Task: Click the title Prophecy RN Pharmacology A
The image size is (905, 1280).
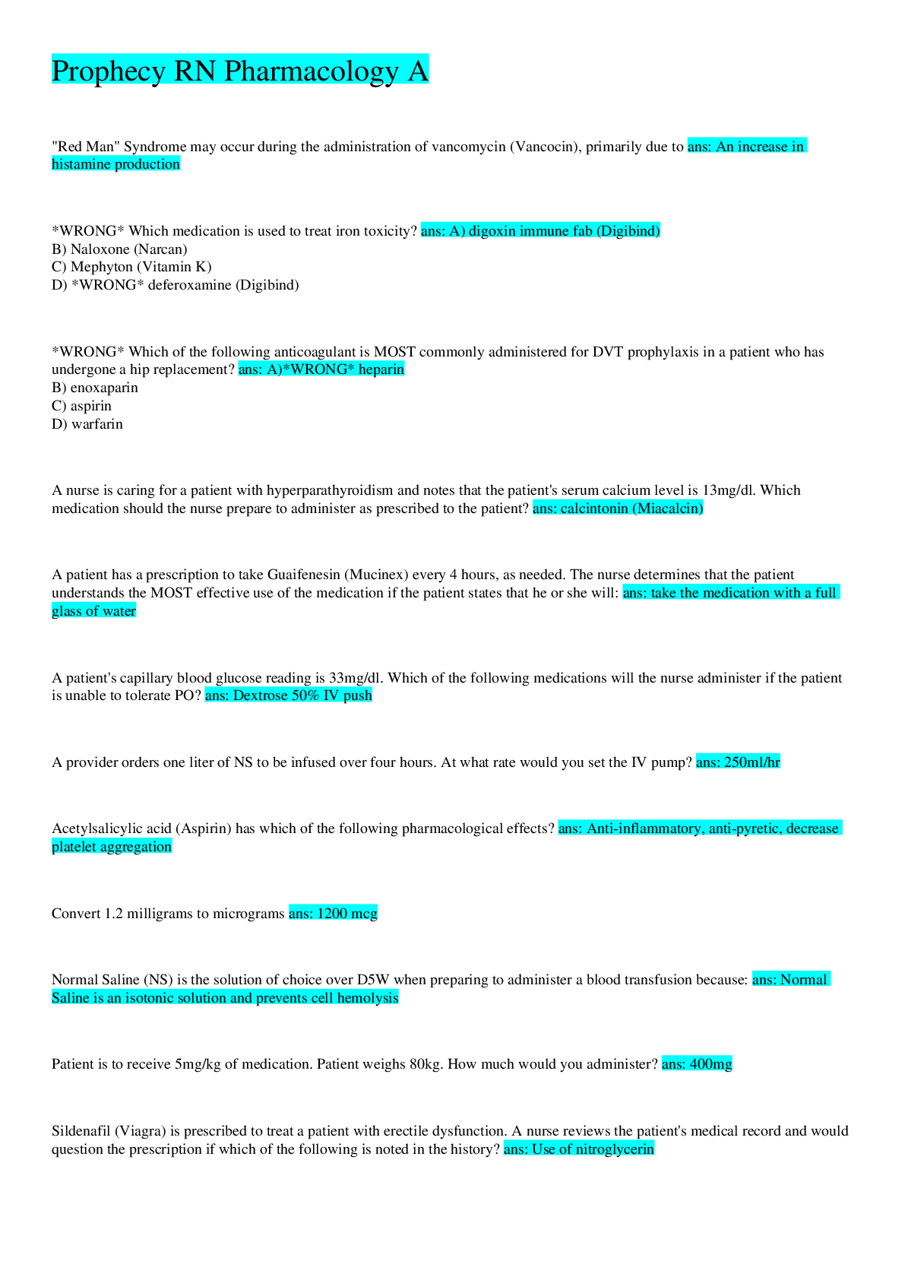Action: point(240,71)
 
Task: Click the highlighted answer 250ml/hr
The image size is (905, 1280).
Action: point(738,762)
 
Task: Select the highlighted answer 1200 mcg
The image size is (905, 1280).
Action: point(333,913)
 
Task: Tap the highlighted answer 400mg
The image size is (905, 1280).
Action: point(697,1064)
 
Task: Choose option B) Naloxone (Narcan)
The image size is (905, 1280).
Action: point(119,249)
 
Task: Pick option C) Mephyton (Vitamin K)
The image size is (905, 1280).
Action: point(131,267)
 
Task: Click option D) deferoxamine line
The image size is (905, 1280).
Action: point(175,285)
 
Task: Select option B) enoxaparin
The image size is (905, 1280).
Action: point(95,388)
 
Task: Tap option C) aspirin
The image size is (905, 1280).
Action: point(81,406)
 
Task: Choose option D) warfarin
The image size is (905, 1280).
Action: point(87,424)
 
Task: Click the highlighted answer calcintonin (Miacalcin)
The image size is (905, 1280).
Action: point(618,508)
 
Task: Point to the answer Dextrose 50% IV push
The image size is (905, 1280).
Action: point(289,695)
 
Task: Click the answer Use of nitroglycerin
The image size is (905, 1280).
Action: point(578,1149)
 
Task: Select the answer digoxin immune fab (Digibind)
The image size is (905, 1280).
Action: point(541,230)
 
